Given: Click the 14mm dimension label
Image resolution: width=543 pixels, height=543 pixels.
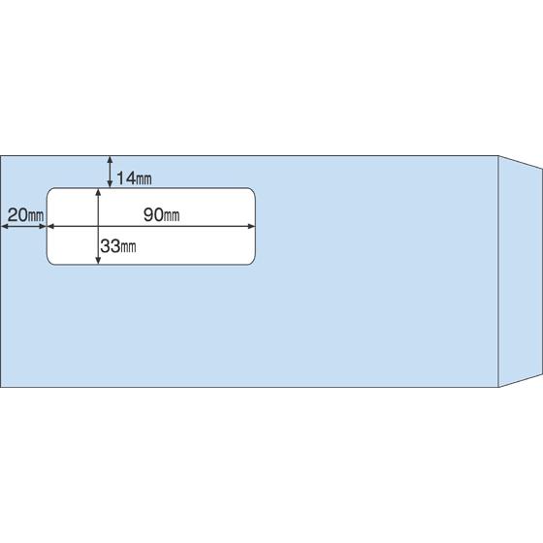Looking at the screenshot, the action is click(x=134, y=178).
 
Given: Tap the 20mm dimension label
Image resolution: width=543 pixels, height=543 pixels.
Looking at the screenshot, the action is click(x=25, y=214).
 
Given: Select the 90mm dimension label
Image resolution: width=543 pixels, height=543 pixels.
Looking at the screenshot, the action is click(x=161, y=215).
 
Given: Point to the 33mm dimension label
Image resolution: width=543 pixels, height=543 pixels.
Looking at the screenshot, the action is click(x=118, y=246).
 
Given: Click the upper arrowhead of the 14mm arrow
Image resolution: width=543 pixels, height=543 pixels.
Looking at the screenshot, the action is click(x=110, y=159).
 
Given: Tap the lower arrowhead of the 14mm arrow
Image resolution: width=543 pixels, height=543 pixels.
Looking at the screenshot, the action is click(x=110, y=184).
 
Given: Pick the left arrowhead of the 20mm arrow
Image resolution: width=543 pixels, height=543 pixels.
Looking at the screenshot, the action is click(x=5, y=227).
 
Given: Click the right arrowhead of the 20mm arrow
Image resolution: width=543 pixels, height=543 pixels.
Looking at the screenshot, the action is click(x=43, y=227).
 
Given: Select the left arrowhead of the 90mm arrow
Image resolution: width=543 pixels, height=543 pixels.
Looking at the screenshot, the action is click(x=50, y=227).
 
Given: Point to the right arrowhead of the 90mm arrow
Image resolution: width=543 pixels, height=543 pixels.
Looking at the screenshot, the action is click(x=252, y=227).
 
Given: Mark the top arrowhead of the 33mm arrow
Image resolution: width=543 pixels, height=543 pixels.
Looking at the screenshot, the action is click(x=98, y=192).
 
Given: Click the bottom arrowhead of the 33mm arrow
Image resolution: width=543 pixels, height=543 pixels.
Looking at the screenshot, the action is click(x=98, y=261).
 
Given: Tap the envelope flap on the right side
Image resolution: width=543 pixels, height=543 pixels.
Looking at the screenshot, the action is click(x=520, y=271).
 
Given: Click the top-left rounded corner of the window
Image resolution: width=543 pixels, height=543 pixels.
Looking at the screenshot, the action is click(x=48, y=190).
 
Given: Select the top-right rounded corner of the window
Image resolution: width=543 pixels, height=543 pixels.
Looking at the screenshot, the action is click(x=253, y=190).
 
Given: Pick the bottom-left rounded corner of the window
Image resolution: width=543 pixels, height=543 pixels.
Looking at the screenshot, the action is click(x=48, y=262).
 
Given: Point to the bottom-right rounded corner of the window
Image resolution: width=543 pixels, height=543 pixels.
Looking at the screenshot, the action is click(x=253, y=262).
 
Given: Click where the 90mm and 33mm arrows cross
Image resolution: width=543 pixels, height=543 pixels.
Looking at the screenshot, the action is click(x=98, y=227).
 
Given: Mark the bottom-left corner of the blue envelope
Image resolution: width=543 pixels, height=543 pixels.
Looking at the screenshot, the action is click(x=1, y=387).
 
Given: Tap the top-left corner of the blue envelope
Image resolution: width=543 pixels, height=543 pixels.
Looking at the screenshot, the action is click(x=1, y=156).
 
